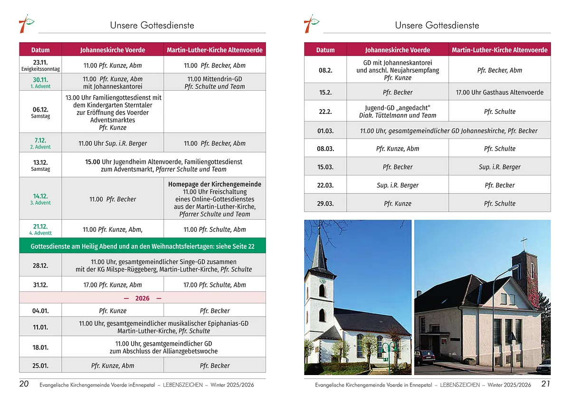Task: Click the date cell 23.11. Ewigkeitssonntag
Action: point(40,65)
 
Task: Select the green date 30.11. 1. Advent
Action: point(40,82)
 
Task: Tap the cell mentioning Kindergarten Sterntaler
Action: point(113,112)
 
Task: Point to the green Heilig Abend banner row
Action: point(142,246)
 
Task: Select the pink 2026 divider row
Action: point(142,298)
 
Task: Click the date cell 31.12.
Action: point(40,285)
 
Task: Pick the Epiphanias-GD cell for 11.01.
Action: point(163,327)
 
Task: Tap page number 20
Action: point(24,384)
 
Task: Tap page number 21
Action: point(545,384)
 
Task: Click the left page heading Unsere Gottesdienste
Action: point(152,25)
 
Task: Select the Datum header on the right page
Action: point(325,50)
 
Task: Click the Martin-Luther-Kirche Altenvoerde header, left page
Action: point(215,50)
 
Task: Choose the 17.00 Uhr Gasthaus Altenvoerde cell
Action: point(499,92)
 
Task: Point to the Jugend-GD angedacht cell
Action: point(398,112)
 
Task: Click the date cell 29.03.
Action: point(325,203)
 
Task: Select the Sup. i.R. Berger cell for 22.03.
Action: point(398,185)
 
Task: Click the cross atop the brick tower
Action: point(524,244)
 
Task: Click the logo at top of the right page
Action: point(311,24)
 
